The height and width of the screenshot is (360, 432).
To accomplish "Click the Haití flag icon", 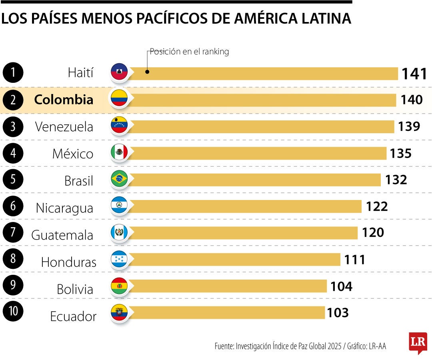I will click(119, 72).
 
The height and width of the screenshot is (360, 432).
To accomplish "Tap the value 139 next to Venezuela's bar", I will click(409, 126).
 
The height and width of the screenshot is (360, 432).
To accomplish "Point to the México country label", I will click(73, 154).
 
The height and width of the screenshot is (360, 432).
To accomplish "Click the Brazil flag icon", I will click(119, 179).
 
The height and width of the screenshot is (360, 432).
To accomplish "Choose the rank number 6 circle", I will click(13, 206).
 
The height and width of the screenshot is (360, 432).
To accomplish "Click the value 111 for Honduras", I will click(355, 260).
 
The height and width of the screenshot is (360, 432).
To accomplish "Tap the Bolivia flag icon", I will click(119, 286).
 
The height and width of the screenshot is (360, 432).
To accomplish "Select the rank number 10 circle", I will click(13, 311).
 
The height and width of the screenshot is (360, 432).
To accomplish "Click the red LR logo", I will click(418, 342).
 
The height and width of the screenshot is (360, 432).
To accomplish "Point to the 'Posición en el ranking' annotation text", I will click(189, 52).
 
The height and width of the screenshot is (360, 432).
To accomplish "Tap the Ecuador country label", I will click(73, 316).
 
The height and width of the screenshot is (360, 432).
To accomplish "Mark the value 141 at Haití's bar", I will click(414, 74).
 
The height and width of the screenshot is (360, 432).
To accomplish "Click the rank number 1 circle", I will click(13, 72).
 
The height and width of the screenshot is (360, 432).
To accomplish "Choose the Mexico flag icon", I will click(119, 152).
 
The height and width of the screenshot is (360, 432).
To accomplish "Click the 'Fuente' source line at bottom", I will click(300, 346).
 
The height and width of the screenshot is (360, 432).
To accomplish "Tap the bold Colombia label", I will click(64, 100).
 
